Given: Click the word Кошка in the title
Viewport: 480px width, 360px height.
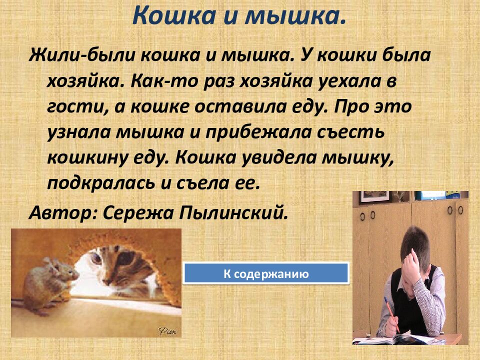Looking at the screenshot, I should pyautogui.click(x=169, y=17).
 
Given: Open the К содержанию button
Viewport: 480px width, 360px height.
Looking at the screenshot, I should pyautogui.click(x=265, y=274).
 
